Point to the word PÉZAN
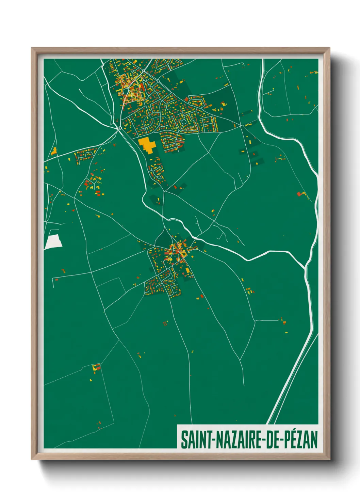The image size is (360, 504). (x=301, y=440)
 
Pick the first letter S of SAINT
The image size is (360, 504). (x=183, y=440)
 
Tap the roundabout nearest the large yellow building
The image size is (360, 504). (x=120, y=128)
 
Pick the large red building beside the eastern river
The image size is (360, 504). (x=299, y=194)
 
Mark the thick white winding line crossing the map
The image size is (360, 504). (x=238, y=254)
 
